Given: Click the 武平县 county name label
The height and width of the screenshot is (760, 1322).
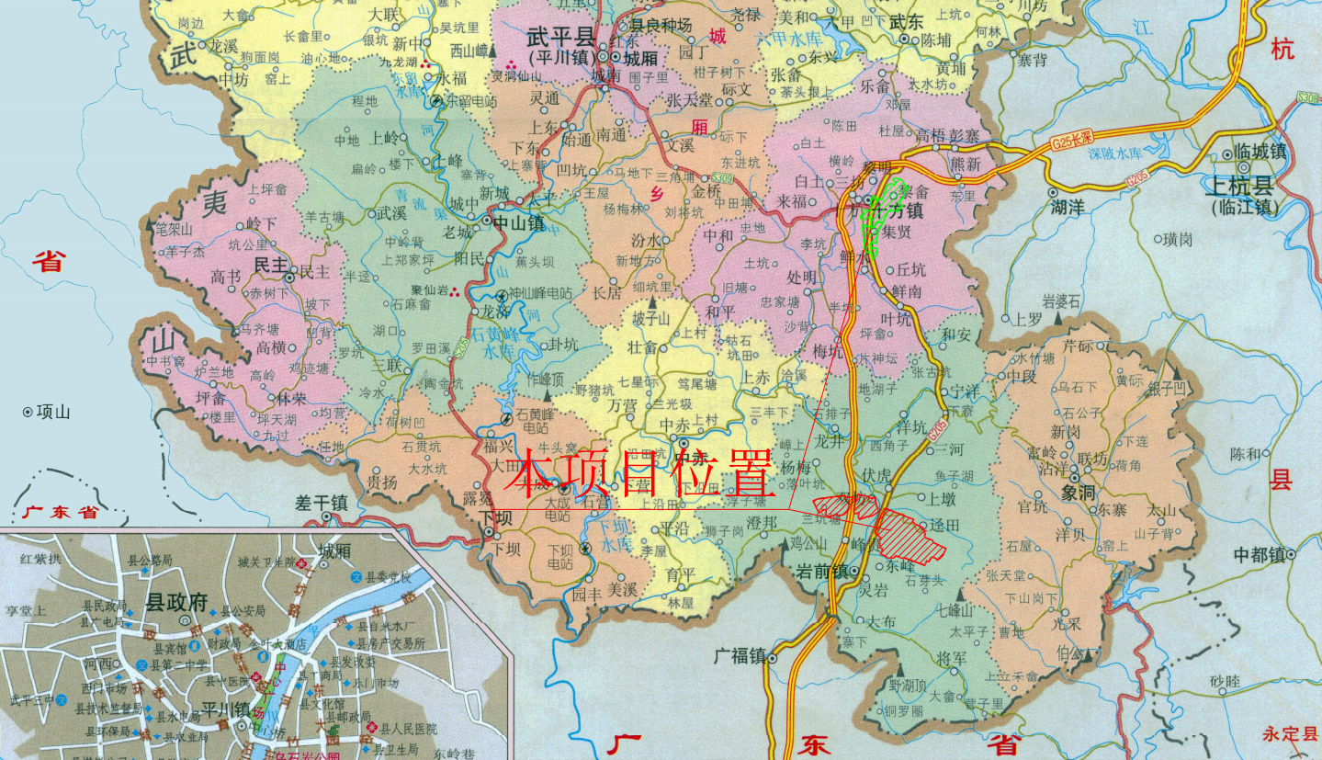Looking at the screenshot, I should tap(560, 37).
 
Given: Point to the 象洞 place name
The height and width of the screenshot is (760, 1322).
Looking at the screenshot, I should tap(1079, 492).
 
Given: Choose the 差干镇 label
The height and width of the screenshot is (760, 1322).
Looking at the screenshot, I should tap(322, 503).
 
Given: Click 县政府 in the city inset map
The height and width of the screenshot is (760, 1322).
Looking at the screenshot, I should tap(177, 604).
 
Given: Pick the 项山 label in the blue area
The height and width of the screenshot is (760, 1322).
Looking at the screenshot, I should tap(53, 412).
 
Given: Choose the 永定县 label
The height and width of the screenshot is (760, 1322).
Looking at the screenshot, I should tap(1288, 734).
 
